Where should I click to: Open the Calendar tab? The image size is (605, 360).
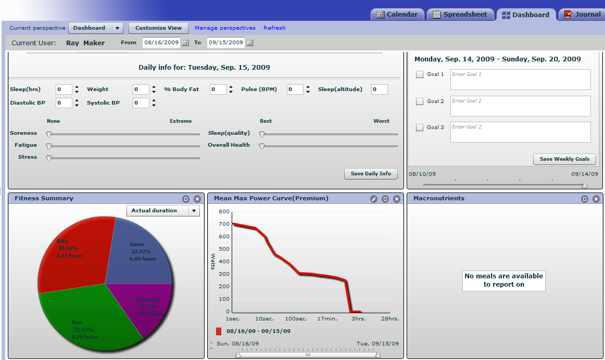pyautogui.click(x=397, y=15)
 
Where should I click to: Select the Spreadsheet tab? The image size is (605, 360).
pyautogui.click(x=460, y=15)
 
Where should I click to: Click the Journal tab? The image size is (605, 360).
pyautogui.click(x=582, y=15)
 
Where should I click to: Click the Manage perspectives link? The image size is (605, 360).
pyautogui.click(x=225, y=28)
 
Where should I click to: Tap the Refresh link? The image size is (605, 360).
pyautogui.click(x=274, y=28)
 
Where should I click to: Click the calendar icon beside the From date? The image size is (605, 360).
pyautogui.click(x=185, y=43)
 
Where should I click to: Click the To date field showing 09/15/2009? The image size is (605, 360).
pyautogui.click(x=226, y=42)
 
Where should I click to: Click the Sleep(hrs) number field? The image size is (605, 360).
pyautogui.click(x=64, y=89)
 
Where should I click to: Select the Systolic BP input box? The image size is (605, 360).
pyautogui.click(x=141, y=103)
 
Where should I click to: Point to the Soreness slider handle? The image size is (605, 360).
pyautogui.click(x=48, y=135)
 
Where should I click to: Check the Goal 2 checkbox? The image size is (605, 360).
pyautogui.click(x=420, y=101)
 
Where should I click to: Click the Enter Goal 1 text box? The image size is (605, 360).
pyautogui.click(x=520, y=80)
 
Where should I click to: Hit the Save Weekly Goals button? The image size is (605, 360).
pyautogui.click(x=564, y=159)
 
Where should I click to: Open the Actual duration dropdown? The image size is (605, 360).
pyautogui.click(x=163, y=211)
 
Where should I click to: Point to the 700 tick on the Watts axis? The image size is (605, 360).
pyautogui.click(x=224, y=224)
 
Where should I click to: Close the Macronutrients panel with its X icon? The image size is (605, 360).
pyautogui.click(x=596, y=199)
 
